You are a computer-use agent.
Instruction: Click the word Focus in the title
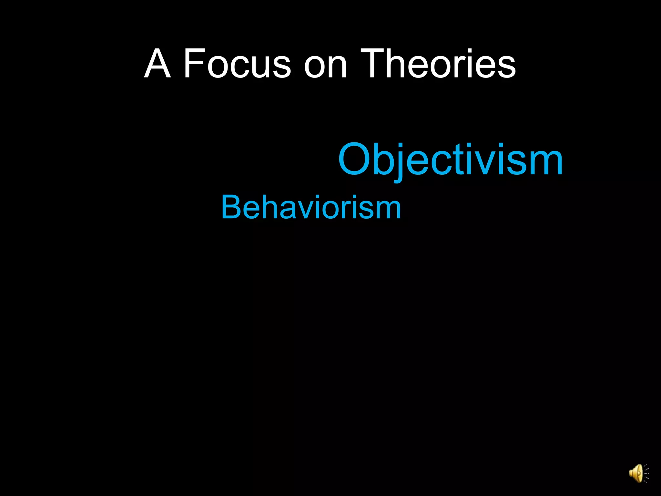[x=237, y=63]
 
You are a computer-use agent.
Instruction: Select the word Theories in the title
[x=438, y=63]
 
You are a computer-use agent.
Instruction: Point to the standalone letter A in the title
[x=157, y=63]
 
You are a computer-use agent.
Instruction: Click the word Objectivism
[x=450, y=160]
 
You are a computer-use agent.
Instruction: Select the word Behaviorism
[x=311, y=207]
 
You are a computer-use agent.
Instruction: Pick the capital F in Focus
[x=192, y=63]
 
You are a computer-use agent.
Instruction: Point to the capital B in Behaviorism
[x=231, y=207]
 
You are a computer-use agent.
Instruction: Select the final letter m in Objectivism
[x=546, y=163]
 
